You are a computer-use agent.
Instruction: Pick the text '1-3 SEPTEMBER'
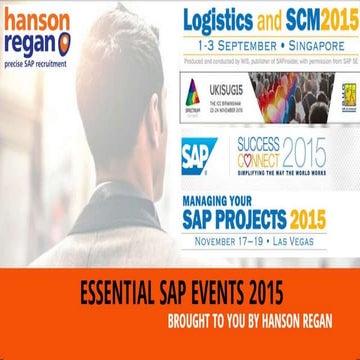coord(229,46)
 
